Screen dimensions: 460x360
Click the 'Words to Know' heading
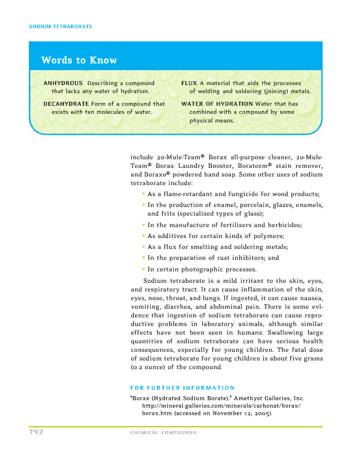point(79,60)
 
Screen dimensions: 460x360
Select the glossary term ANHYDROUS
point(63,83)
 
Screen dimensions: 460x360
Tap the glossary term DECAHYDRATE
point(66,104)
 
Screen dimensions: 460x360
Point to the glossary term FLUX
point(189,83)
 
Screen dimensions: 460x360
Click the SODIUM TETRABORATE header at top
point(60,27)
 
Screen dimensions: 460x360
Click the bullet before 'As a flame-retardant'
point(143,194)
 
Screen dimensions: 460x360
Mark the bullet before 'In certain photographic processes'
point(143,269)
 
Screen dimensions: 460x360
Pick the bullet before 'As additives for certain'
point(143,236)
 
